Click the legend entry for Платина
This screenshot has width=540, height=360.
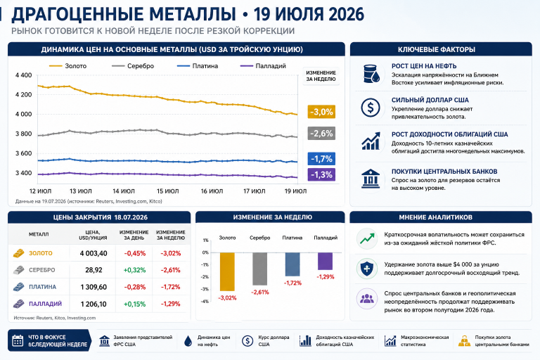point(198,66)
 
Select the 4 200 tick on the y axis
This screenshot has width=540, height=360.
point(23,95)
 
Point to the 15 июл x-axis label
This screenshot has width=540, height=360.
point(168,191)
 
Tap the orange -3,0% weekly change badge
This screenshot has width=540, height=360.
point(321,112)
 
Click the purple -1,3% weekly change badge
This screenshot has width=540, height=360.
point(321,174)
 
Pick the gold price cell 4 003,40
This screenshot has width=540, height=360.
point(94,253)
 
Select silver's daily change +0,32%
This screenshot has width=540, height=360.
point(134,270)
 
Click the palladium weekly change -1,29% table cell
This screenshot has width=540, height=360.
point(170,304)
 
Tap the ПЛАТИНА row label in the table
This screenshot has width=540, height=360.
point(42,287)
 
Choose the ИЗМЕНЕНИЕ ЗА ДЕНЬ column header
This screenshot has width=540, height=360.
point(134,235)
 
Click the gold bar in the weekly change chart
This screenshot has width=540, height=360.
point(227,272)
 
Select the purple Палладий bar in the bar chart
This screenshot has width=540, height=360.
point(325,261)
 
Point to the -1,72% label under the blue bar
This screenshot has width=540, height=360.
point(292,283)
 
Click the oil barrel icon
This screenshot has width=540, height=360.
point(371,74)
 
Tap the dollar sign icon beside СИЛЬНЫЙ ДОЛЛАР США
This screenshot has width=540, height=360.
point(371,108)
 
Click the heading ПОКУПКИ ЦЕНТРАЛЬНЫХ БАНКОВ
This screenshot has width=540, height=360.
point(444,172)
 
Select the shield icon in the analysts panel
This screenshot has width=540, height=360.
point(367,269)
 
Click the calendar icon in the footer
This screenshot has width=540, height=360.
point(18,340)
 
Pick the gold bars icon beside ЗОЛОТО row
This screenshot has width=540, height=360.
point(19,253)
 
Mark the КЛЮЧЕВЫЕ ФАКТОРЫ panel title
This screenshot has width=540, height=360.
point(437,50)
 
